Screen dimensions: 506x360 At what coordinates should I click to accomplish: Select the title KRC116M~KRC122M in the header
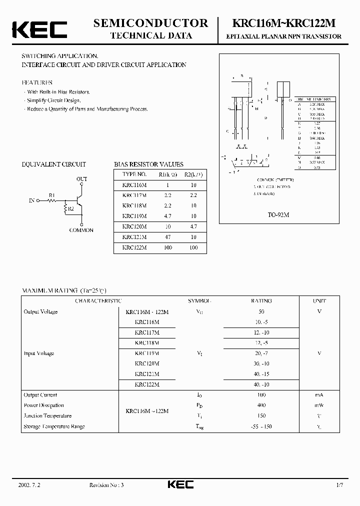click(x=284, y=23)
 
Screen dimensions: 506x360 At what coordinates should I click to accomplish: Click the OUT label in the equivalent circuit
click(x=81, y=178)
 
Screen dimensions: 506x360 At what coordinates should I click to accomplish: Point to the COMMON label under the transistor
click(x=81, y=230)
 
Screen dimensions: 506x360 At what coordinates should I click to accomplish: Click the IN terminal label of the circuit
click(x=32, y=200)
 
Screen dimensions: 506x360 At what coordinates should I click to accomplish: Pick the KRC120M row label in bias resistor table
click(x=134, y=226)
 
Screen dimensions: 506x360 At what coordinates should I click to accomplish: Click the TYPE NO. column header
click(x=134, y=174)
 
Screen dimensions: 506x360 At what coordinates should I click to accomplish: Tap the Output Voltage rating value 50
click(x=261, y=311)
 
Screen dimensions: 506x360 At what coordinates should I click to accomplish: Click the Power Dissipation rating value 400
click(x=261, y=405)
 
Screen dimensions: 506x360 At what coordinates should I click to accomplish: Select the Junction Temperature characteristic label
click(x=47, y=416)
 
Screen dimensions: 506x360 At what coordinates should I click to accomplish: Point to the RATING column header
click(x=261, y=301)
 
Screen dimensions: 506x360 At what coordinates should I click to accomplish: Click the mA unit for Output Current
click(x=319, y=395)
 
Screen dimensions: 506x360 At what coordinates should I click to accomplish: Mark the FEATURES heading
click(x=37, y=82)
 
